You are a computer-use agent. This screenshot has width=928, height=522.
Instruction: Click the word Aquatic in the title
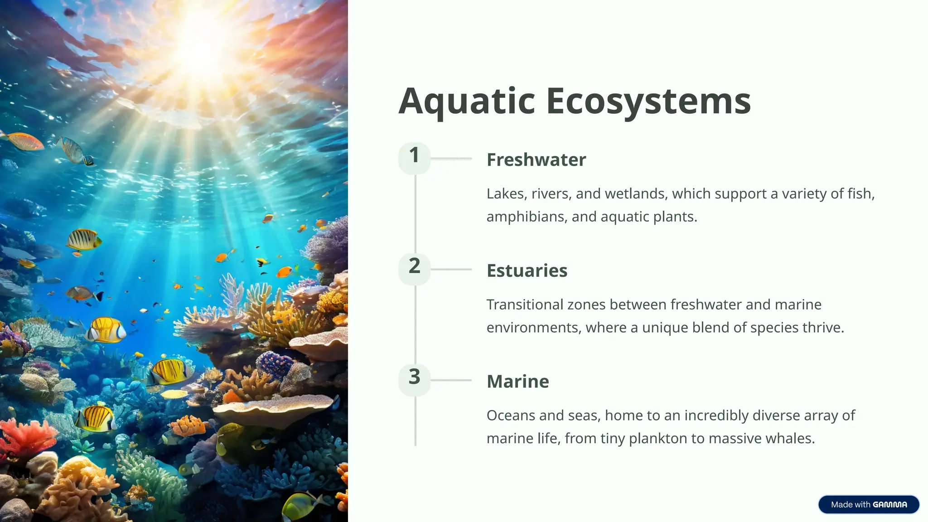tap(467, 101)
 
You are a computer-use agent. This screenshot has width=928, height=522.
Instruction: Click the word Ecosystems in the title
tap(648, 101)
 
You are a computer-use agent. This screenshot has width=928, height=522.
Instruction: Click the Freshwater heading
tap(536, 160)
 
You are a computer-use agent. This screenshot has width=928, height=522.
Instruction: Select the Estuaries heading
tap(527, 271)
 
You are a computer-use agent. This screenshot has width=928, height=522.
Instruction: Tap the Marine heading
tap(517, 382)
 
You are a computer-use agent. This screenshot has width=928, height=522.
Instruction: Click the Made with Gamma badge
tap(869, 505)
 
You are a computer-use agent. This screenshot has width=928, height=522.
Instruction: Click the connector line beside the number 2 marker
tap(451, 269)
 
